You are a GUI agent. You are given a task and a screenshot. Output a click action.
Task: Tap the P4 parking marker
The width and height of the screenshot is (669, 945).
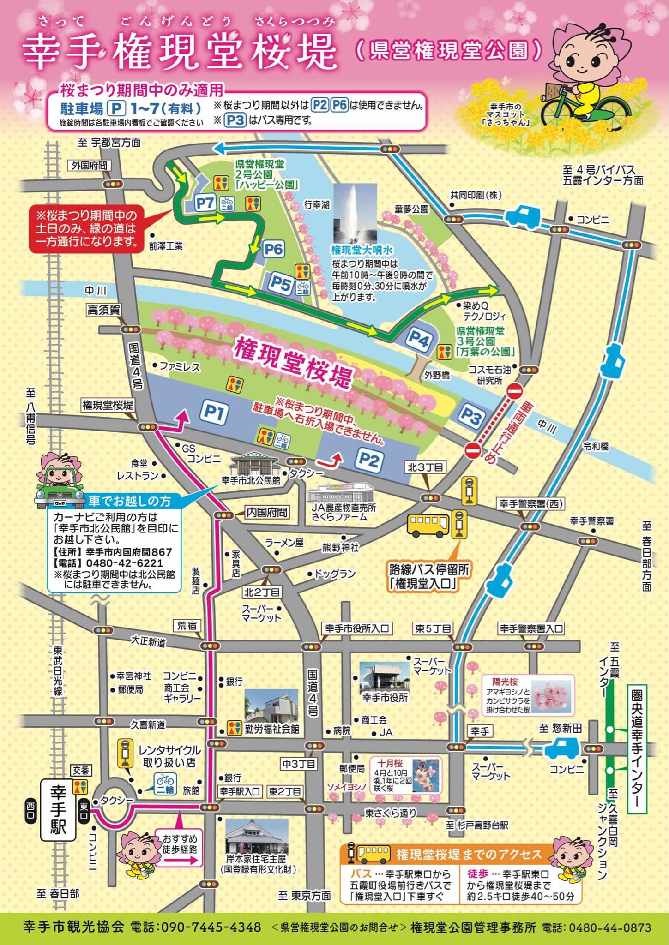418,340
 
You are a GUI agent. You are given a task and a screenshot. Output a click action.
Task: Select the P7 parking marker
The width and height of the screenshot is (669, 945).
205,203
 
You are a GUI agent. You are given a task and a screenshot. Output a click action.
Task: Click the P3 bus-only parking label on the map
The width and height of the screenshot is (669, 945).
470,417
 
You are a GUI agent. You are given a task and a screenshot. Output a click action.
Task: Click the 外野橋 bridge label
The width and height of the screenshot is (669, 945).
437,375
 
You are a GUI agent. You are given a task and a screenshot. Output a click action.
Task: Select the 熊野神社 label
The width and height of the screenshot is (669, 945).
340,548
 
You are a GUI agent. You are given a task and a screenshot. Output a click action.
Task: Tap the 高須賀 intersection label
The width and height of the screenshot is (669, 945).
104,310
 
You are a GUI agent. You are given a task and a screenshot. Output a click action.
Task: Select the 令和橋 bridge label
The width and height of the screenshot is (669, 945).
595,446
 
